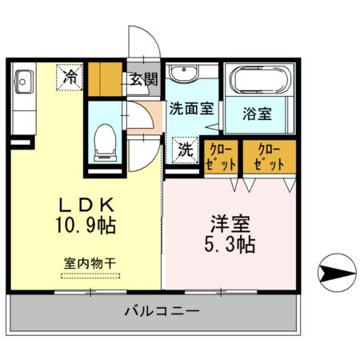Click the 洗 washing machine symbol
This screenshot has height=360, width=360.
click(x=185, y=148)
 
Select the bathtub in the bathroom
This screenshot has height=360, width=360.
click(x=259, y=81)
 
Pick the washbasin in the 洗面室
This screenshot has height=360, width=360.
click(x=186, y=74)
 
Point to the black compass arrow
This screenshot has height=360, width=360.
click(x=335, y=274)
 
